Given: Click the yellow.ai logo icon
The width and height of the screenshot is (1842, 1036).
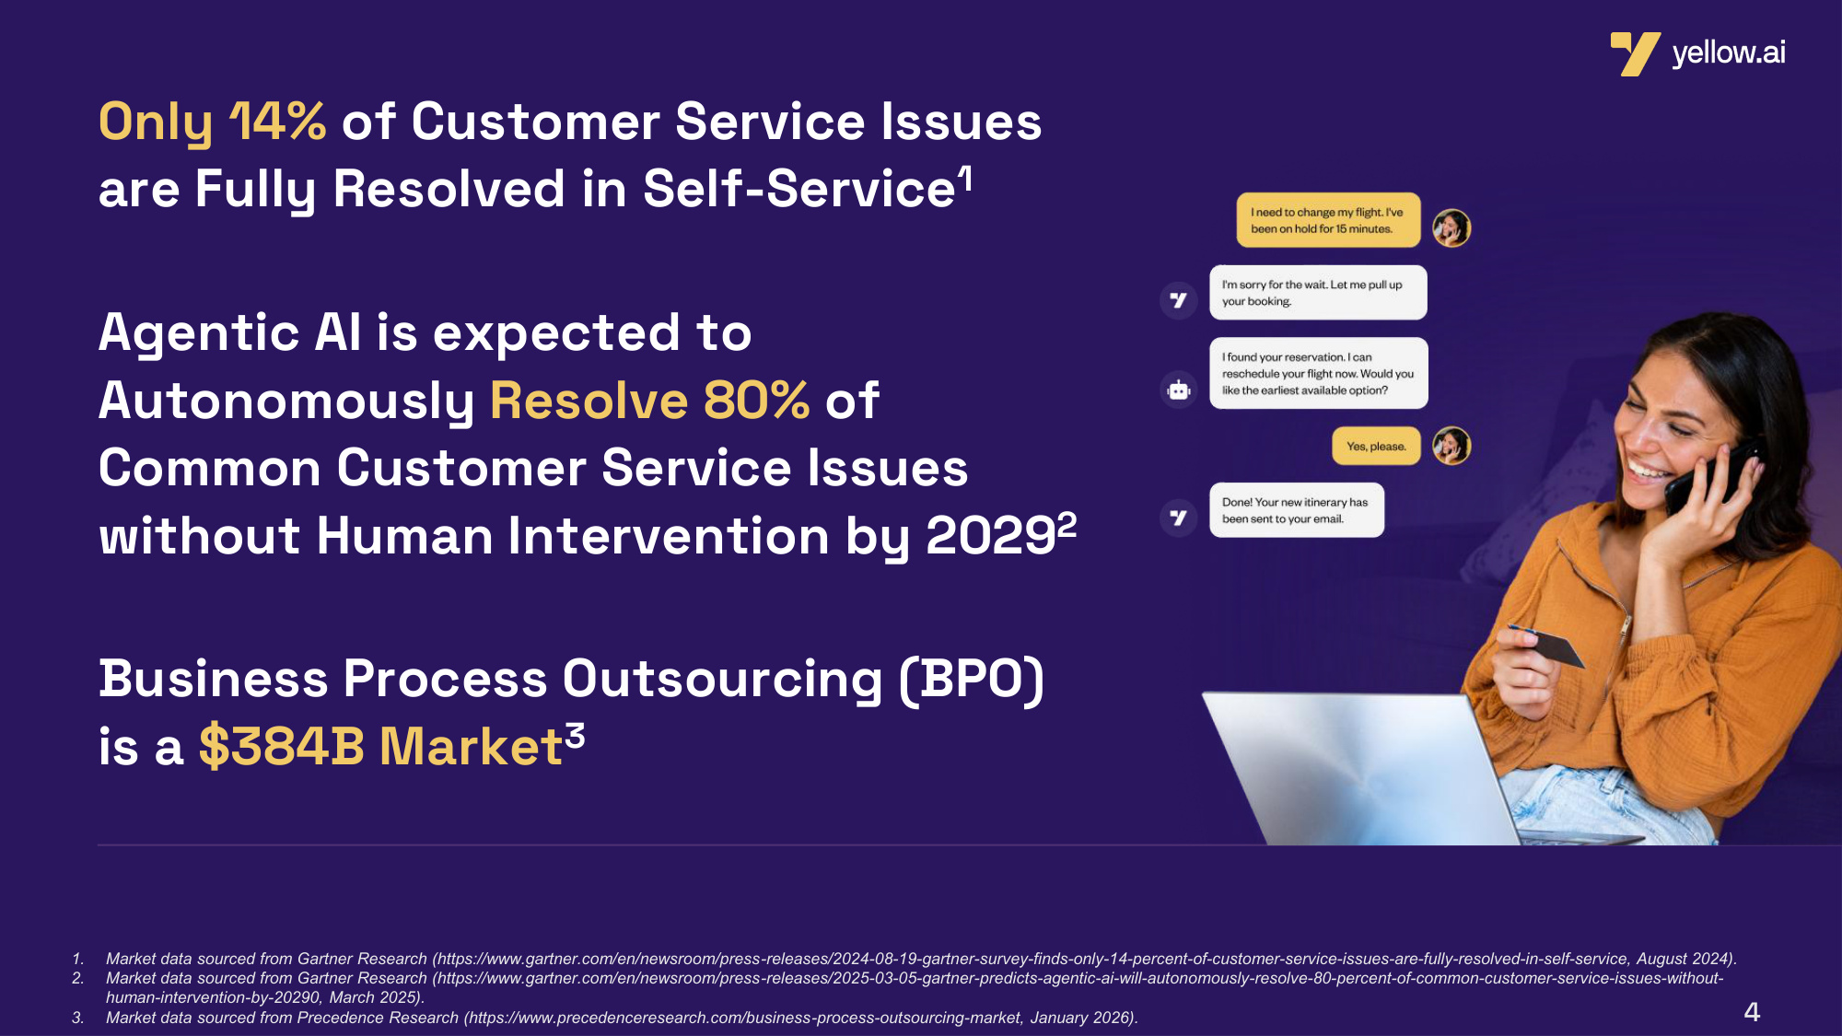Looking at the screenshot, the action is click(x=1635, y=53).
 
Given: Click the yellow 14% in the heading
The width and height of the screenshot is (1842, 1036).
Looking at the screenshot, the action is click(x=277, y=122).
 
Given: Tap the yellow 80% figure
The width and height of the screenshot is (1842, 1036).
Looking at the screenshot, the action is click(x=756, y=401).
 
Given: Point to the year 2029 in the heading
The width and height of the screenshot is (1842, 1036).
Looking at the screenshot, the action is click(x=990, y=536).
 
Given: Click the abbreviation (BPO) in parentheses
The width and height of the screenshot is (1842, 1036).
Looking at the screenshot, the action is click(x=972, y=680).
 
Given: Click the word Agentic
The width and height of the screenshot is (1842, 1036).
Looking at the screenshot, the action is click(x=199, y=334).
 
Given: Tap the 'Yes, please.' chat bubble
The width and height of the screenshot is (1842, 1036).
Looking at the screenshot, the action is click(x=1376, y=447).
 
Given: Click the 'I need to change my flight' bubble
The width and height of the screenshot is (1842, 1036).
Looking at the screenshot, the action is click(x=1328, y=220).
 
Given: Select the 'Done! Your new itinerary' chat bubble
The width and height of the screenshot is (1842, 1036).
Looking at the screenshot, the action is click(x=1297, y=510).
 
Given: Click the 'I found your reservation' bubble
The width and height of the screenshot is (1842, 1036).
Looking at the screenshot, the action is click(x=1319, y=373).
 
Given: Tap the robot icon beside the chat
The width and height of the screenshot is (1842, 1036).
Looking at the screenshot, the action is click(x=1179, y=390).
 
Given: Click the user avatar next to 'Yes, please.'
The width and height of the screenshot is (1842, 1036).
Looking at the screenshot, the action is click(x=1451, y=446).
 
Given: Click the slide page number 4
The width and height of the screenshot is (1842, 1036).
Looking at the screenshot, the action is click(x=1752, y=1012).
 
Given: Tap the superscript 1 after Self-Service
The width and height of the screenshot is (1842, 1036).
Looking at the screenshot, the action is click(x=965, y=179).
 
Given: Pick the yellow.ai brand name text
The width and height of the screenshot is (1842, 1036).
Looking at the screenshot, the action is click(x=1729, y=53).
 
